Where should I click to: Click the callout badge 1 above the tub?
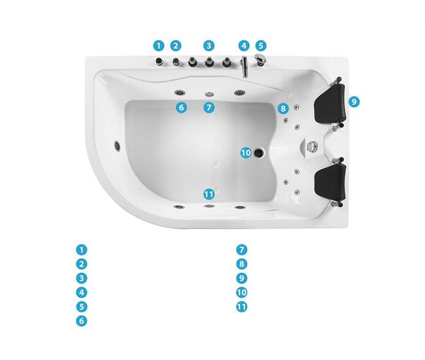(159, 46)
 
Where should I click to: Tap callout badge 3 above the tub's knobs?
(209, 46)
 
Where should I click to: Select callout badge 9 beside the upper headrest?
(354, 101)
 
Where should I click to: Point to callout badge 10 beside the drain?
(246, 153)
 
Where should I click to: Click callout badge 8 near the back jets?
(283, 108)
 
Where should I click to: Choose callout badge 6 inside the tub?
(181, 108)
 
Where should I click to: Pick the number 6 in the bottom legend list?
(81, 321)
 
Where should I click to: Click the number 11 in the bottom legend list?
(241, 306)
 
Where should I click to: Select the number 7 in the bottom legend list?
(241, 250)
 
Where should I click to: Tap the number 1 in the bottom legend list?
(81, 250)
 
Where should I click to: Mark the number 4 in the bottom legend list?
(81, 292)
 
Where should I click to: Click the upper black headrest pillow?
(330, 103)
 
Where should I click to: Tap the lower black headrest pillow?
(331, 182)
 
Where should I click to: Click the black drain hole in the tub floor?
(259, 153)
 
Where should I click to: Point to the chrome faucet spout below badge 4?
(245, 67)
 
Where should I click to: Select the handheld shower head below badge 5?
(260, 59)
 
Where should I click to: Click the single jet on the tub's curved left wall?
(117, 146)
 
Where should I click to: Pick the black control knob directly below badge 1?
(159, 62)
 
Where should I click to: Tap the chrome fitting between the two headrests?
(312, 146)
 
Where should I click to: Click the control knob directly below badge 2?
(176, 62)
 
